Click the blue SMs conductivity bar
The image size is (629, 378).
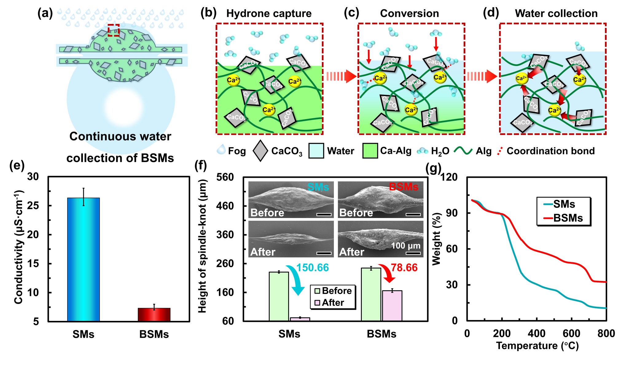coord(83,259)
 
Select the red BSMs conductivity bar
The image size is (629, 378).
coord(154,314)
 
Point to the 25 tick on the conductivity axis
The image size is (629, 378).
coord(33,206)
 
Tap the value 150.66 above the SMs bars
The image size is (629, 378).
coord(312,268)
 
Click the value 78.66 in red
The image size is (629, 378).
coord(404,268)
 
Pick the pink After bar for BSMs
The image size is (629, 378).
coord(392,306)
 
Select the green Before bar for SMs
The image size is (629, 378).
coord(279,296)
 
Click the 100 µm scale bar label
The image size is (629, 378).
coord(405,246)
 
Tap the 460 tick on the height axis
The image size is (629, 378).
coord(225,206)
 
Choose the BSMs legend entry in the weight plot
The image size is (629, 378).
coord(564,218)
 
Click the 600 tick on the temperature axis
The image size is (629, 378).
coord(572,333)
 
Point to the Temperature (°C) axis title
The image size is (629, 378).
coord(537,346)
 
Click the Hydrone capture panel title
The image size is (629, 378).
coord(269,14)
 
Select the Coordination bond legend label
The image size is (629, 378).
coord(550,151)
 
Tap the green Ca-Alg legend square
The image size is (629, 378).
coord(370,151)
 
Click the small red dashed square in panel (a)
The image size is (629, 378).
coord(113,30)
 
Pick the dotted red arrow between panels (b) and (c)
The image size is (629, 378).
coord(340,76)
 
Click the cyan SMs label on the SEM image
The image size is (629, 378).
coord(318,187)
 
